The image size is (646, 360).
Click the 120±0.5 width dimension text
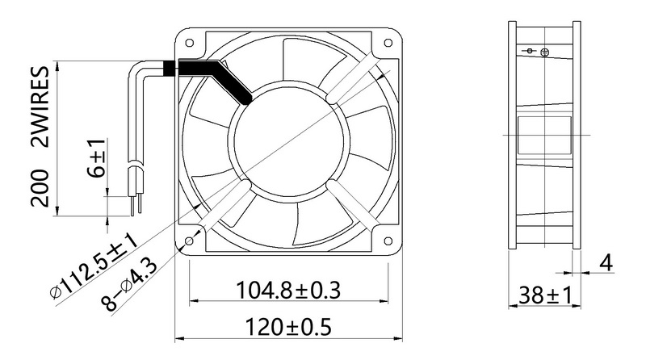pyautogui.click(x=288, y=327)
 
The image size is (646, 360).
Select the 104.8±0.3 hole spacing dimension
pyautogui.click(x=288, y=290)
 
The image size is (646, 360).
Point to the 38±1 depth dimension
pyautogui.click(x=546, y=295)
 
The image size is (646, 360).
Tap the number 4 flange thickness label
pyautogui.click(x=606, y=263)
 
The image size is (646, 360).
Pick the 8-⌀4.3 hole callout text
pyautogui.click(x=129, y=284)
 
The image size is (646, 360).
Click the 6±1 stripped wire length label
pyautogui.click(x=97, y=157)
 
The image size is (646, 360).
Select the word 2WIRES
pyautogui.click(x=40, y=107)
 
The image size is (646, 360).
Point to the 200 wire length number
pyautogui.click(x=40, y=187)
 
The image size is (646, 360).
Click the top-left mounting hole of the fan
pyautogui.click(x=190, y=43)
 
